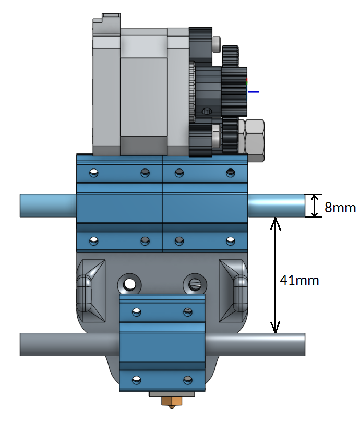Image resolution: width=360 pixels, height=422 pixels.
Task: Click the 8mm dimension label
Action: [x=340, y=207]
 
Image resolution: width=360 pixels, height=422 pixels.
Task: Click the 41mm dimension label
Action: [x=299, y=280]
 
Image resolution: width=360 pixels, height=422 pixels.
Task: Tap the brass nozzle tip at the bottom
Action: [x=172, y=403]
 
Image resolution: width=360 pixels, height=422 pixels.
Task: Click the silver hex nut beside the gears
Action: [x=255, y=140]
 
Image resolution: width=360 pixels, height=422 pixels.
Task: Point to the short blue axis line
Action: [x=254, y=92]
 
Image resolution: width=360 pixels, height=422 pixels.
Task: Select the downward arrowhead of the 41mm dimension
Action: [x=275, y=327]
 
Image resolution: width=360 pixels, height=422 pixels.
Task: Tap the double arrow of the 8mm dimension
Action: [x=315, y=206]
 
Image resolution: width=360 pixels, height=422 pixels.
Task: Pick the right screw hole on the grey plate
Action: [x=195, y=284]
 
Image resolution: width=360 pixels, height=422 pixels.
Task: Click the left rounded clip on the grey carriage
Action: [x=85, y=293]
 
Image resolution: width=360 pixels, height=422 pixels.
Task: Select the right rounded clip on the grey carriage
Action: [x=240, y=293]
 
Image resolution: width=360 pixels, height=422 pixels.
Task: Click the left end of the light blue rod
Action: [x=20, y=206]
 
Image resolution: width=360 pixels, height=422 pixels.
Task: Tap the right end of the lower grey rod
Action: [x=305, y=344]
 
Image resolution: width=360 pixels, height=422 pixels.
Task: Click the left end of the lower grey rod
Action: [x=20, y=344]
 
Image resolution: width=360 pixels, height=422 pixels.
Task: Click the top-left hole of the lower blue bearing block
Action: [x=137, y=312]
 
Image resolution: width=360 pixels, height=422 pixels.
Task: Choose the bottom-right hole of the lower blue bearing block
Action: [x=188, y=380]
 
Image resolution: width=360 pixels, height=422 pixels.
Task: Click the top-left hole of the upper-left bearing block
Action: [x=94, y=173]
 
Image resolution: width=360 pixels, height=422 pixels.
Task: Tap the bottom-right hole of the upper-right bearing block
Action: [x=231, y=241]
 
